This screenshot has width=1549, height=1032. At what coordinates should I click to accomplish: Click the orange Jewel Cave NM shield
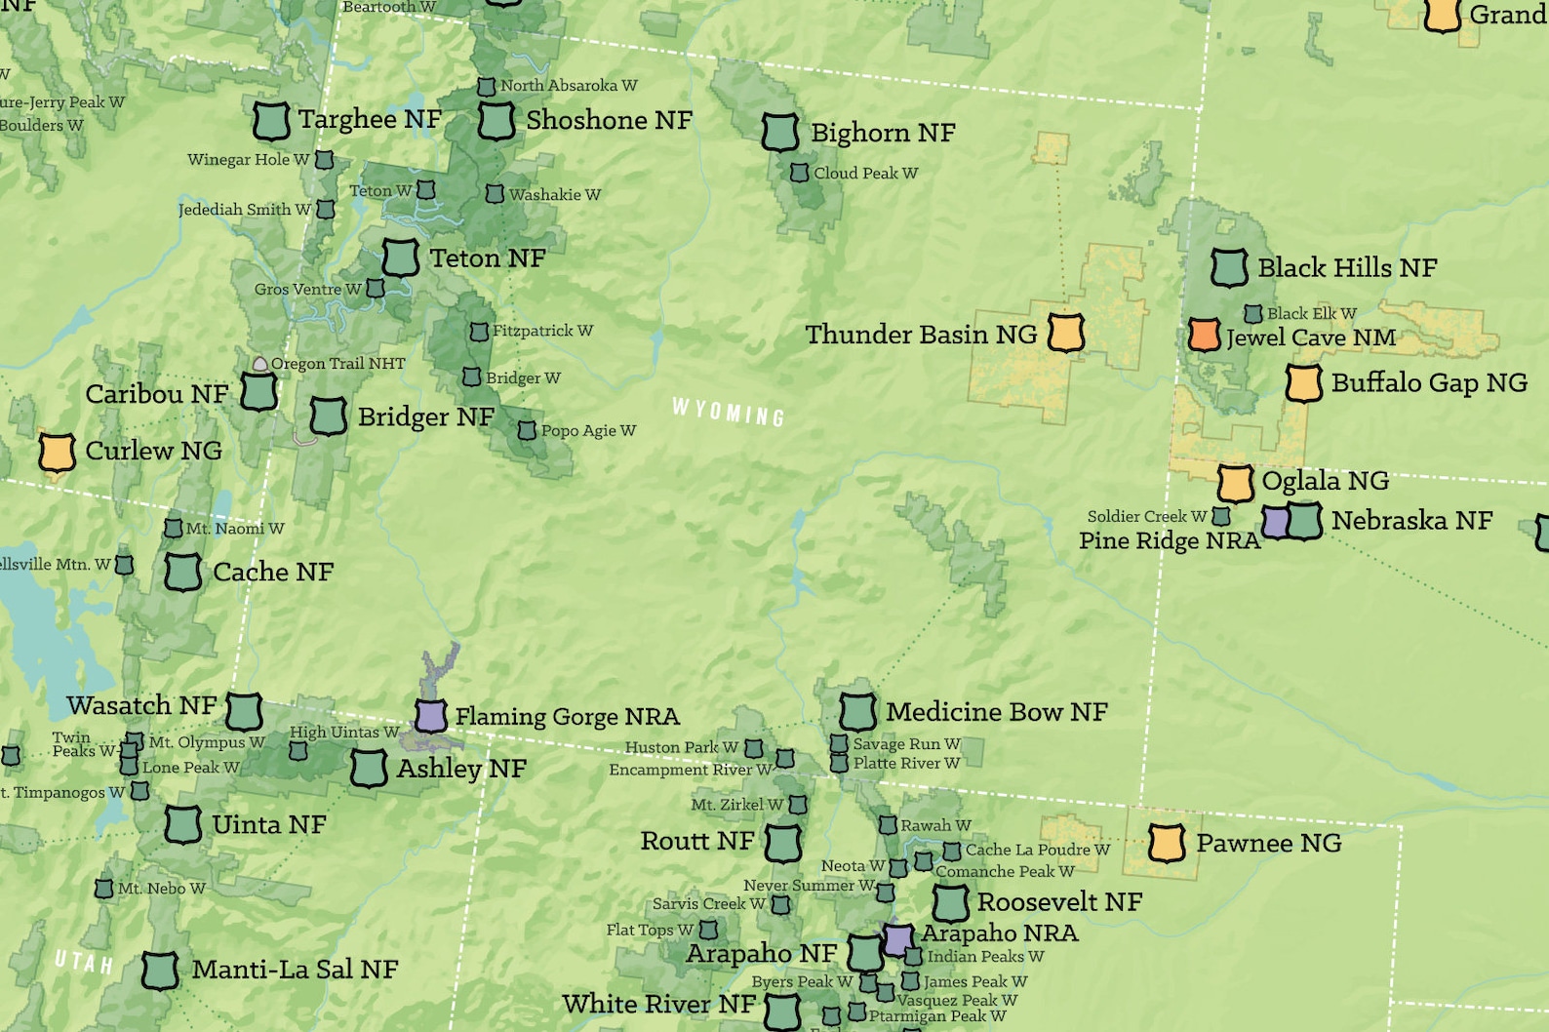click(1204, 335)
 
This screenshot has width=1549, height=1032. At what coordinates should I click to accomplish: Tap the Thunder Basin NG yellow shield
click(1065, 333)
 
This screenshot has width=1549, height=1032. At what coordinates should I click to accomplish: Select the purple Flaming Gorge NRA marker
click(430, 715)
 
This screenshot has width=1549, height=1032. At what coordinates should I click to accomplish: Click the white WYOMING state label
click(728, 413)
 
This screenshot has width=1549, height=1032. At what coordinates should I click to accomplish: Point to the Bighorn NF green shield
click(779, 132)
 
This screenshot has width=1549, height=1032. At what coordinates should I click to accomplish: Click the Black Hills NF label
click(1346, 267)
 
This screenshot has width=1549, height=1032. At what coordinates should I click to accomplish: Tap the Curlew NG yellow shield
click(57, 452)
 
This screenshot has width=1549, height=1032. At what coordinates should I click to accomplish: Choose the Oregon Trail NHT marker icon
click(259, 364)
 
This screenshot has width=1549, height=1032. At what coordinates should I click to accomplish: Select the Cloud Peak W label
click(865, 174)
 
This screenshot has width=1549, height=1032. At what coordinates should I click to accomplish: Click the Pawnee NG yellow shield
click(1166, 843)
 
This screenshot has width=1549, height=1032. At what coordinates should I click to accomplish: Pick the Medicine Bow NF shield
click(857, 712)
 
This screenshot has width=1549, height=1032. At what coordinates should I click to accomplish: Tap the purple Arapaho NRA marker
click(898, 939)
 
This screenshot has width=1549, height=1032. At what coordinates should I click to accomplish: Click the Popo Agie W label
click(588, 430)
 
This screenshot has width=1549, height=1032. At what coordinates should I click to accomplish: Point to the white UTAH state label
click(84, 962)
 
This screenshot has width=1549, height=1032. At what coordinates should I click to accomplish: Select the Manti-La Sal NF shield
click(160, 970)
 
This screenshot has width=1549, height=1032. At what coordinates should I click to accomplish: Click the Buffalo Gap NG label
click(1428, 382)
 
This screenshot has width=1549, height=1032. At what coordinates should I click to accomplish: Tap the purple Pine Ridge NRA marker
click(1275, 522)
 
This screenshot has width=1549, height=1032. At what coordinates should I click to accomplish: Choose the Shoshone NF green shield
click(496, 121)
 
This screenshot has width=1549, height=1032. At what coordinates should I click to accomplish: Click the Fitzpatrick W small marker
click(479, 332)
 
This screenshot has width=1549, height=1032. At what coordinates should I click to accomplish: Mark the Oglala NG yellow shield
click(1234, 483)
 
